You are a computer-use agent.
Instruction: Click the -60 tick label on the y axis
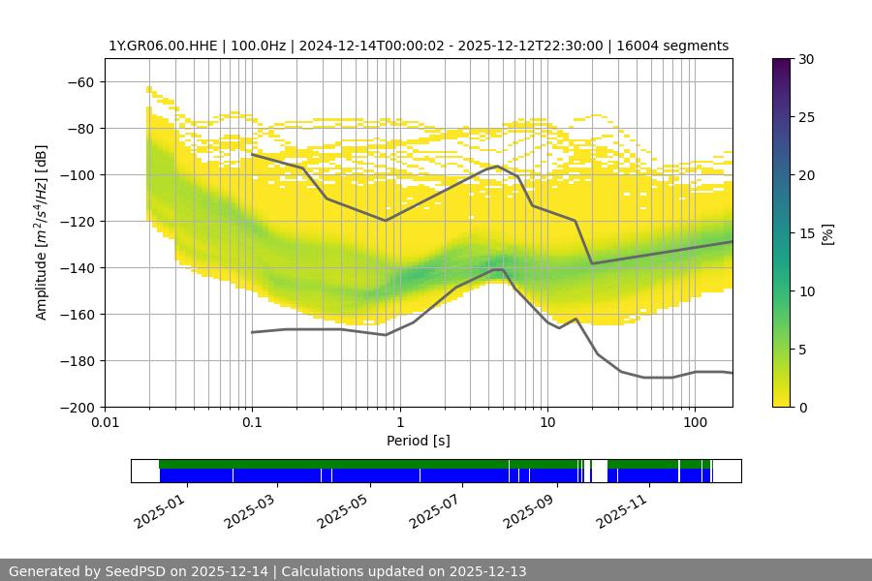click(80, 82)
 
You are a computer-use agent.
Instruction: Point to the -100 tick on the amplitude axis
click(77, 175)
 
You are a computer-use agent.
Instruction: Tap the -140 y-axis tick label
click(77, 268)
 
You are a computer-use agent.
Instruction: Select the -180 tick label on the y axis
click(77, 361)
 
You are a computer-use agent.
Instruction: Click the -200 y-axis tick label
click(77, 408)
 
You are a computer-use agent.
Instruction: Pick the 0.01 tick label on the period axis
click(105, 423)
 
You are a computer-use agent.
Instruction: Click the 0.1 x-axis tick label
click(252, 423)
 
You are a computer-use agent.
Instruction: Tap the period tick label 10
click(546, 423)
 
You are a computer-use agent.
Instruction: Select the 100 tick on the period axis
click(694, 423)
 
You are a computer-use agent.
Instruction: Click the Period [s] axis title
click(419, 441)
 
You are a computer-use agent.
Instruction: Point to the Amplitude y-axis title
click(42, 233)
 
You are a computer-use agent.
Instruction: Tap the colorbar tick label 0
click(802, 408)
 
